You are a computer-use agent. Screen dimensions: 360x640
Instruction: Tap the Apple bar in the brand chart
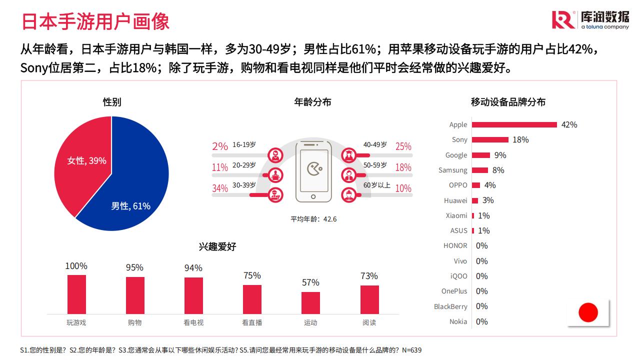[x=514, y=124]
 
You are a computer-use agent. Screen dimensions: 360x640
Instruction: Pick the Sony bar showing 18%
[x=490, y=139]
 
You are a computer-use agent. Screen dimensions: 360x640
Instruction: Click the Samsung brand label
[x=452, y=170]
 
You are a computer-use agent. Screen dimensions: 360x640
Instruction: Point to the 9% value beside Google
[x=500, y=155]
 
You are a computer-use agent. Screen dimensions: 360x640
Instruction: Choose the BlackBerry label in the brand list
[x=450, y=306]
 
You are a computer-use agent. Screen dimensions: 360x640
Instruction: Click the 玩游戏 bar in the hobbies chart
[x=76, y=294]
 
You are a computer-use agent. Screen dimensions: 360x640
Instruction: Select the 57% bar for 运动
[x=310, y=302]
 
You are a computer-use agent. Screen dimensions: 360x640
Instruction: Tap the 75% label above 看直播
[x=252, y=275]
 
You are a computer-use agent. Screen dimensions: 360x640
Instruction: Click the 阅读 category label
[x=369, y=323]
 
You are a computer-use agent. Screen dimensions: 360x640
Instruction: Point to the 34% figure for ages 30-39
[x=220, y=188]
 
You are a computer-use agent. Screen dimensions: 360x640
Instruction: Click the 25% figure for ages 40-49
[x=403, y=146]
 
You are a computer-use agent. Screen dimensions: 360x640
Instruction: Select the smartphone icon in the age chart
[x=314, y=171]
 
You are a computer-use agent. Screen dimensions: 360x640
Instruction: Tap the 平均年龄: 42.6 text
[x=313, y=219]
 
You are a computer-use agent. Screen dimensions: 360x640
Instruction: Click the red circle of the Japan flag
[x=588, y=312]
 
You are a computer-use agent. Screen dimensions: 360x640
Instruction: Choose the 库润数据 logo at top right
[x=590, y=19]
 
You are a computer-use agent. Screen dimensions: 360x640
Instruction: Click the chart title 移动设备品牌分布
[x=508, y=102]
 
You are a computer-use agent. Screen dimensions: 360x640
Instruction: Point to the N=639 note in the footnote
[x=411, y=350]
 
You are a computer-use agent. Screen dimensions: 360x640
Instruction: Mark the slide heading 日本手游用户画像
[x=95, y=21]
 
